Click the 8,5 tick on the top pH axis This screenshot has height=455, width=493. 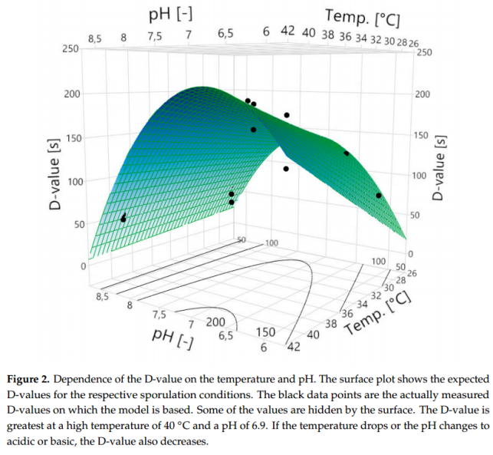95,38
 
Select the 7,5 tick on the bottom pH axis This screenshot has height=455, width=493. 159,315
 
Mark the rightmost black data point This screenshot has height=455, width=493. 379,196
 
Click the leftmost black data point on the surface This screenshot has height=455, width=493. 123,219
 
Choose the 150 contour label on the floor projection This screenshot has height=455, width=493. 265,333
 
